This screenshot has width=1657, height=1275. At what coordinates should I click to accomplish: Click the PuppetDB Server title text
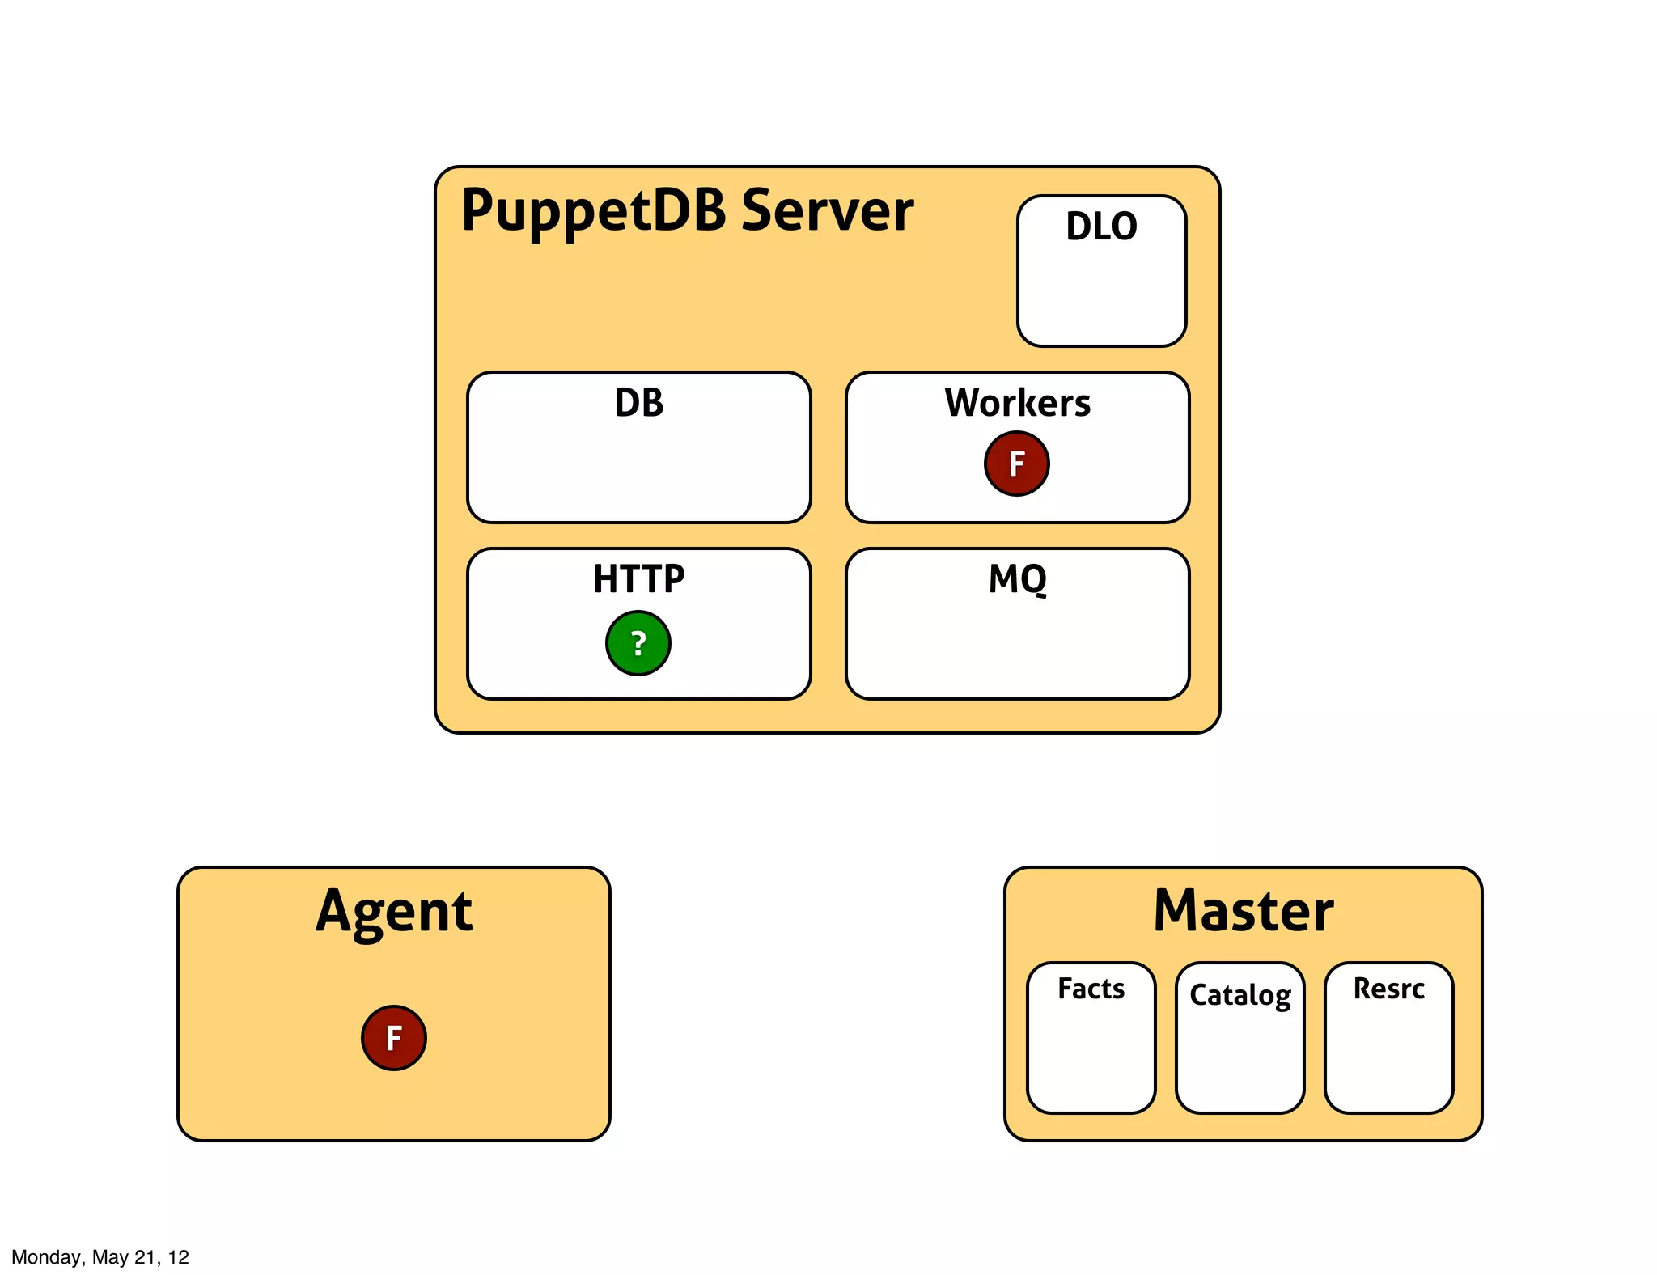[686, 210]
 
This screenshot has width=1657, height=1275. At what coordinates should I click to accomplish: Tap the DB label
[638, 402]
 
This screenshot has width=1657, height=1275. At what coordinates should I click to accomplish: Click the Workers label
[1017, 402]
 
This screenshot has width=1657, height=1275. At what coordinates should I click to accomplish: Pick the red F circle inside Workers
[1016, 464]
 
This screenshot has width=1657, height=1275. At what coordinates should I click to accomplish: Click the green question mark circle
[638, 643]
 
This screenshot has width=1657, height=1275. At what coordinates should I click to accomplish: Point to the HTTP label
[638, 578]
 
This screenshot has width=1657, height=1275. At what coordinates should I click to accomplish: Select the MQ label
[1017, 578]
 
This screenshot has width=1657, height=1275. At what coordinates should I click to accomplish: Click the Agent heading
[393, 912]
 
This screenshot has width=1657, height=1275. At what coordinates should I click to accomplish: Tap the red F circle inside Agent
[393, 1038]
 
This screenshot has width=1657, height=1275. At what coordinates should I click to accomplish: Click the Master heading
[1243, 911]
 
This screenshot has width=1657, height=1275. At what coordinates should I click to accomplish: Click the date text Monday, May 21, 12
[100, 1256]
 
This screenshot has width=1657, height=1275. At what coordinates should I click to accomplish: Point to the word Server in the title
[827, 210]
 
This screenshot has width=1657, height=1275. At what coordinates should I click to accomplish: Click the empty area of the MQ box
[1017, 647]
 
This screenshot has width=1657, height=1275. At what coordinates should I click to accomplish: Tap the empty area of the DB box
[638, 473]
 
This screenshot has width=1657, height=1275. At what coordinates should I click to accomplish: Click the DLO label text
[1101, 226]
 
